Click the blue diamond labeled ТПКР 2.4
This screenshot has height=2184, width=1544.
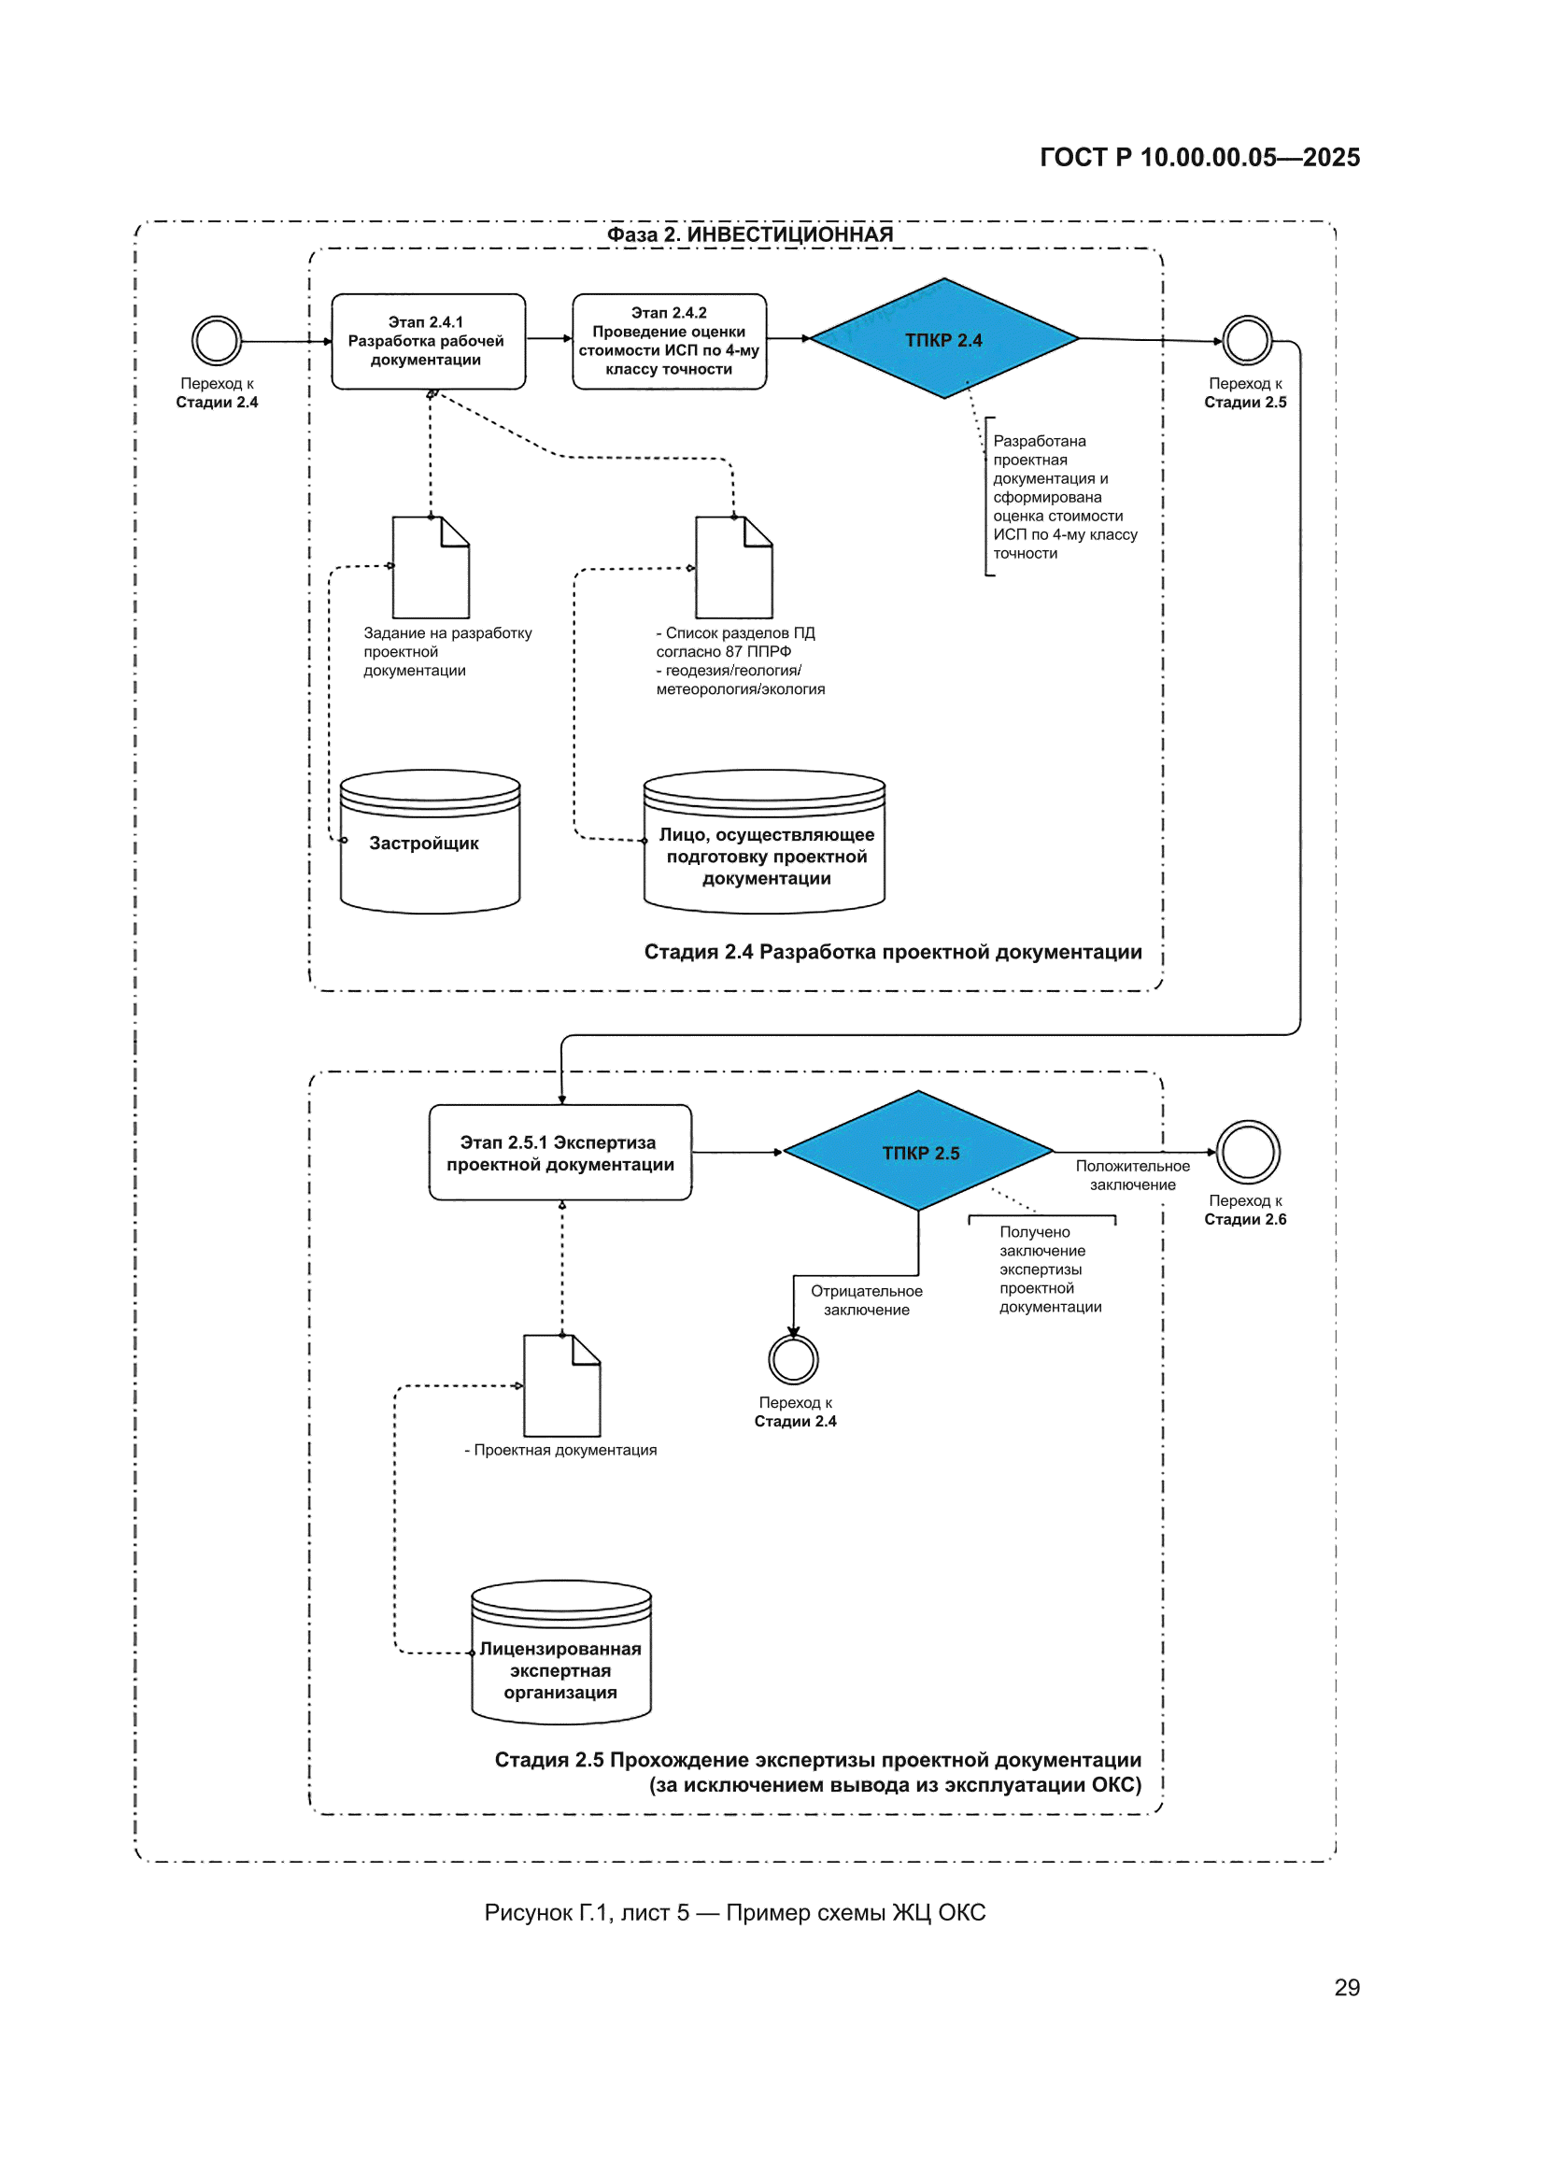click(943, 339)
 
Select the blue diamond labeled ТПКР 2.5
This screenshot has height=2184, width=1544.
click(919, 1151)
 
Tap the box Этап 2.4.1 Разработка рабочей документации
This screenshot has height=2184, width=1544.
click(428, 342)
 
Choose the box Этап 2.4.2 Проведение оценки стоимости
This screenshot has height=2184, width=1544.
click(669, 342)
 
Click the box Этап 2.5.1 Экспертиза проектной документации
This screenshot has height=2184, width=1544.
click(560, 1152)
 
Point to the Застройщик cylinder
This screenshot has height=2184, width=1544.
click(430, 842)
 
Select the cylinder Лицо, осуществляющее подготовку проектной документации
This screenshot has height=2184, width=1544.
click(764, 842)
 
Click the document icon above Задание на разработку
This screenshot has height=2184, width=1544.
click(431, 568)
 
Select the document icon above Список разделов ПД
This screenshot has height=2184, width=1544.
click(733, 568)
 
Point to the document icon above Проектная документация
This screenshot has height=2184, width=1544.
click(562, 1385)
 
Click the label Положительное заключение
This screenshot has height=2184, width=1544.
click(1132, 1175)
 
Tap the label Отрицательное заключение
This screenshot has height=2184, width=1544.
click(866, 1300)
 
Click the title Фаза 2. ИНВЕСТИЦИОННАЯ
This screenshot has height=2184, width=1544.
click(750, 234)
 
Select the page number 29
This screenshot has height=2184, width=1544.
click(1346, 1987)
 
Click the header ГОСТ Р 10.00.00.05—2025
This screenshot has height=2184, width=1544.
click(1199, 157)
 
